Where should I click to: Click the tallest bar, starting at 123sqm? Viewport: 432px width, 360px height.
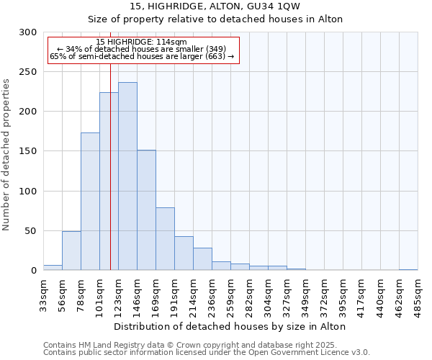[x=127, y=176]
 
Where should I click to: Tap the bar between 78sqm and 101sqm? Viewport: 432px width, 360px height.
[x=90, y=202]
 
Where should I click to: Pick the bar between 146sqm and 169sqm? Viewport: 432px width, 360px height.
[x=146, y=210]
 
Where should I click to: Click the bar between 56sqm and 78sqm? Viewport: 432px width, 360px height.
[x=71, y=251]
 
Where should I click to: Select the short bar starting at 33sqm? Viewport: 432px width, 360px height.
[x=53, y=268]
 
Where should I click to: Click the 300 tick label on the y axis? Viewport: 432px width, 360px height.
[x=28, y=32]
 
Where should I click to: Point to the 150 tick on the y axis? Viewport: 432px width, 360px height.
[x=28, y=151]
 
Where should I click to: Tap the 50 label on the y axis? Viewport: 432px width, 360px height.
[x=31, y=231]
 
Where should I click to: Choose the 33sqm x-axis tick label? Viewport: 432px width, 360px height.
[x=43, y=295]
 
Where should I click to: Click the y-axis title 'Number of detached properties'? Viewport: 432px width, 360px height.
[x=6, y=155]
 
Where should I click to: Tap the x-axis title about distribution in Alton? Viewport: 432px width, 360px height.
[x=230, y=326]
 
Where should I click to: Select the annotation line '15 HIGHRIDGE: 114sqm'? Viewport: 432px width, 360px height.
[x=141, y=42]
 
